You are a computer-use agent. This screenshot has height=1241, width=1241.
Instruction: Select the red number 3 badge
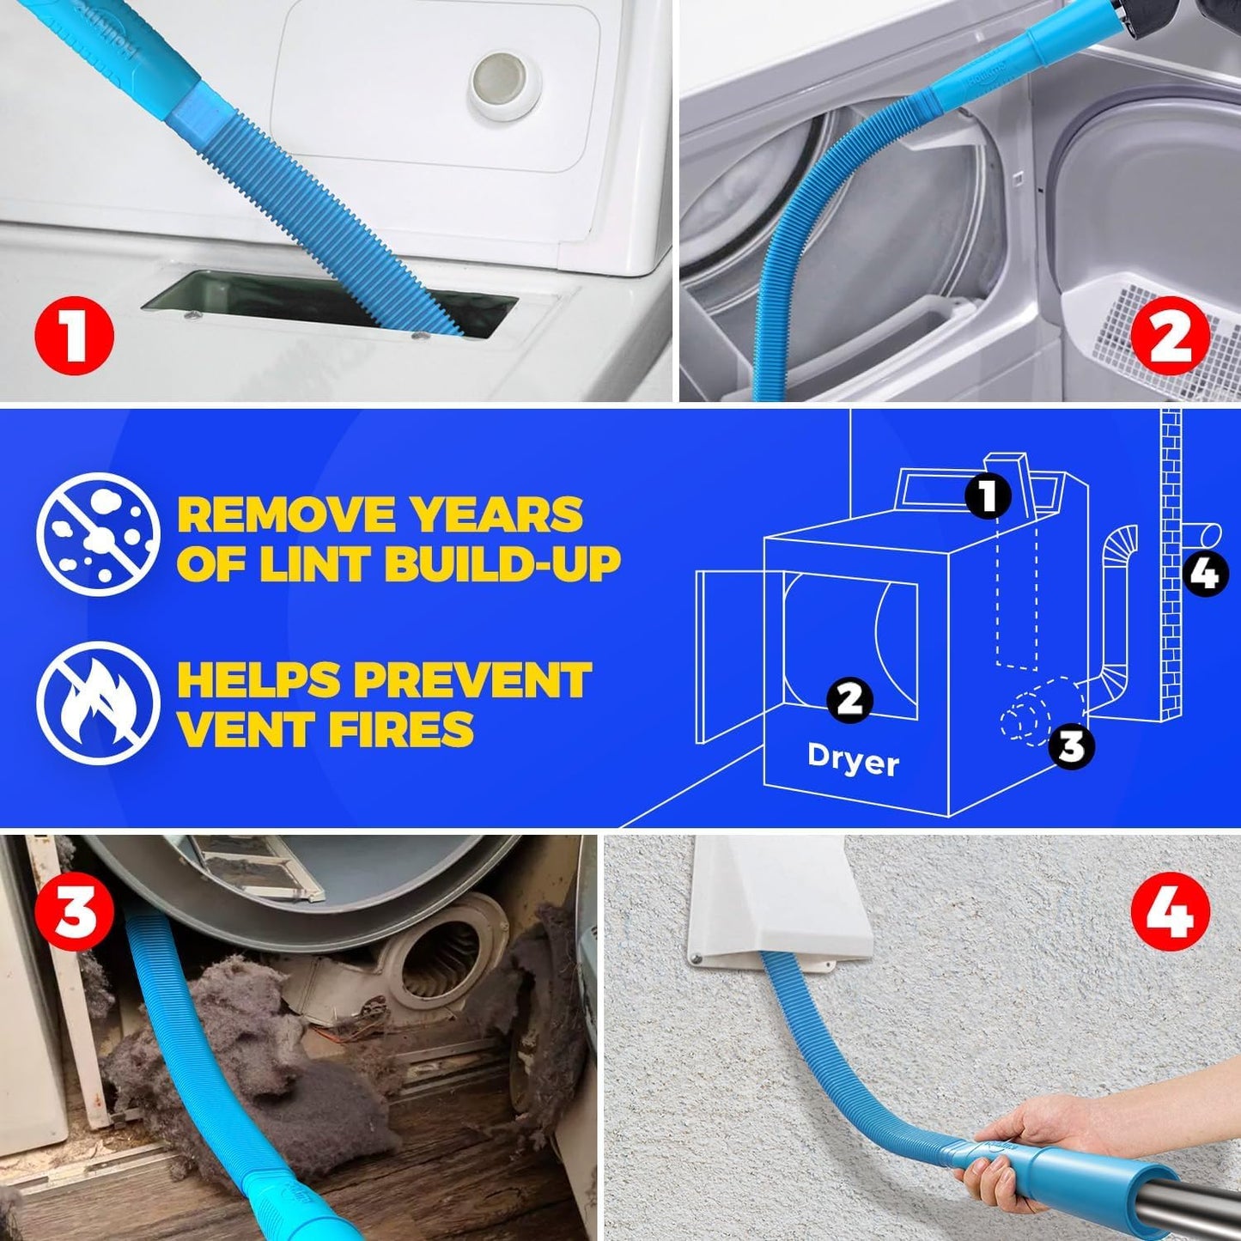(x=75, y=912)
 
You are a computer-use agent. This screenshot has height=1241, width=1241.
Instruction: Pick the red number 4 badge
(x=1170, y=912)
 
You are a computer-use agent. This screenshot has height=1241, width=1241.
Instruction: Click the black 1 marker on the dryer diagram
(x=989, y=496)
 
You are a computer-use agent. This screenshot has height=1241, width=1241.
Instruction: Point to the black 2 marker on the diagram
(x=849, y=699)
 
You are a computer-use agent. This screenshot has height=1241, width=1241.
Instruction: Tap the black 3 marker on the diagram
(x=1071, y=745)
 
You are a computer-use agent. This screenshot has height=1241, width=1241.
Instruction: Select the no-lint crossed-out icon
(x=99, y=534)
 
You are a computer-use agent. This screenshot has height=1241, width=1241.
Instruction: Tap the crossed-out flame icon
(x=99, y=703)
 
